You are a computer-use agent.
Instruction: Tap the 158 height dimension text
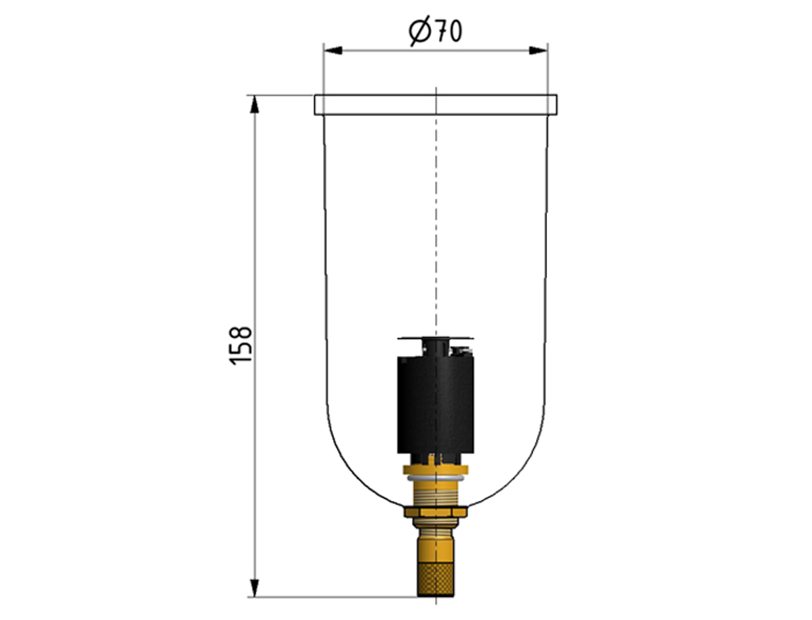(241, 345)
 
